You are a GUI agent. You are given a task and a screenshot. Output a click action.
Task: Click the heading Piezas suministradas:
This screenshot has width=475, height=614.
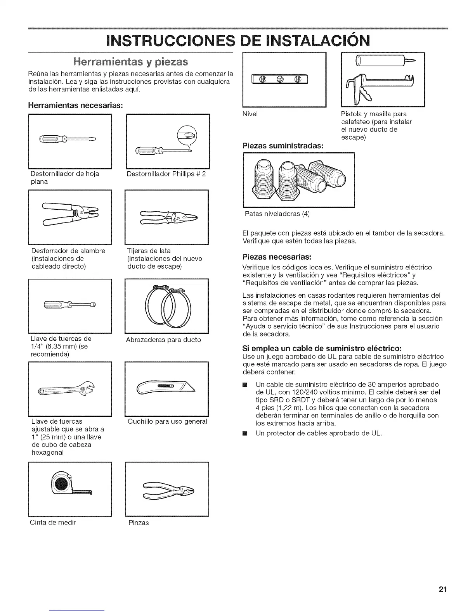tap(283, 146)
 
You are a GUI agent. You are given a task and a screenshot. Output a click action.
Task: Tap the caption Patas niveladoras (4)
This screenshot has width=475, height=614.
tap(277, 214)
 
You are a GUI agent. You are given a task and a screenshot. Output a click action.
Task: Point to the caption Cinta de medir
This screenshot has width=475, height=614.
tap(53, 522)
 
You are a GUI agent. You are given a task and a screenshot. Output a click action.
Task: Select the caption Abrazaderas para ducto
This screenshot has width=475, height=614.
tap(163, 340)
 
